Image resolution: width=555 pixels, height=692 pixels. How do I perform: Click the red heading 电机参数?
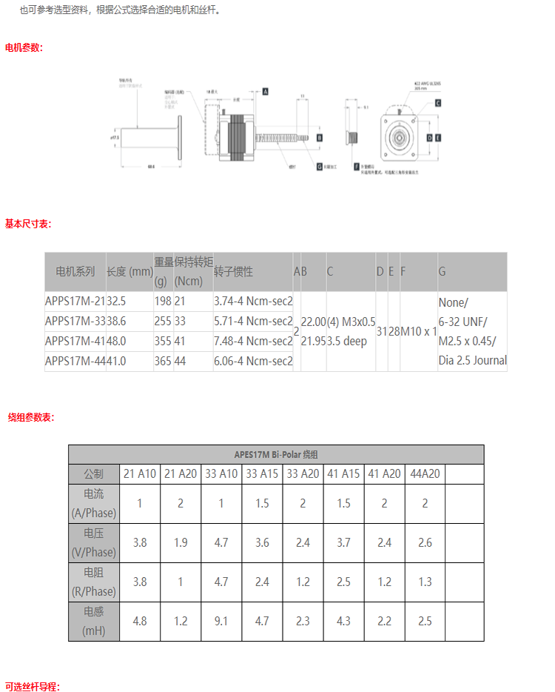click(24, 47)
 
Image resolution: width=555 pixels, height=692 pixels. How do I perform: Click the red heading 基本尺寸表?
click(28, 224)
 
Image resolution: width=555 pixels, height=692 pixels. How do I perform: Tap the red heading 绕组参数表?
click(31, 417)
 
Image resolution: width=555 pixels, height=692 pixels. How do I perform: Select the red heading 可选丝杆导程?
click(32, 686)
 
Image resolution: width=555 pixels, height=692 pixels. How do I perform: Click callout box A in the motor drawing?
click(265, 90)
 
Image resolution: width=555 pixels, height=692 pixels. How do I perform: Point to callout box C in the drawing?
click(438, 103)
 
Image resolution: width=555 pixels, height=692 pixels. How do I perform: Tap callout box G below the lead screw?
click(319, 167)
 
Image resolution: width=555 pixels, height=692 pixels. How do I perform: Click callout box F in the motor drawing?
click(356, 167)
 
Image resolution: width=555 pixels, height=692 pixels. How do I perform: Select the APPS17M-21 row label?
click(75, 302)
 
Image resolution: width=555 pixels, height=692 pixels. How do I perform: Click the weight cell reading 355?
click(162, 341)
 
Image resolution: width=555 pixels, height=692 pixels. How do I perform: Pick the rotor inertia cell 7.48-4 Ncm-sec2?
click(253, 341)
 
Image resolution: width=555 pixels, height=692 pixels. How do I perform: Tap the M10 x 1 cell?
click(419, 331)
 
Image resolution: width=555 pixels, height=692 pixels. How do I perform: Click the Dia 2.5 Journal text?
click(472, 361)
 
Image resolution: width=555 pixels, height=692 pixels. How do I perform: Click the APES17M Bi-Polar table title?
click(276, 454)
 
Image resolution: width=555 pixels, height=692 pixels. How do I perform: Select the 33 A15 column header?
click(262, 474)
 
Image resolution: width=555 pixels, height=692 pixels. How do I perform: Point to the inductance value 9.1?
click(221, 621)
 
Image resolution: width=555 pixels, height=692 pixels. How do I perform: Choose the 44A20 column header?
click(425, 474)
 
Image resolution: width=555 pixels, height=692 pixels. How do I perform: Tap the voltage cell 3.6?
click(262, 542)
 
